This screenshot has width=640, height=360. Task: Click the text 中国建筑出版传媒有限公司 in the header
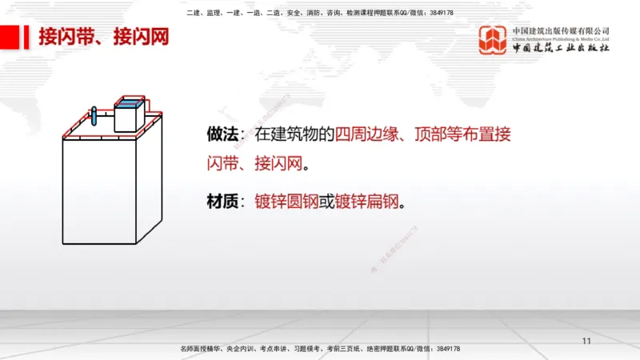click(561, 30)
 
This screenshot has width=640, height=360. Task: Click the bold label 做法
click(219, 134)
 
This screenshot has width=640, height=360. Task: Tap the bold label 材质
click(219, 202)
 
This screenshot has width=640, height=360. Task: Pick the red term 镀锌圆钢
click(286, 202)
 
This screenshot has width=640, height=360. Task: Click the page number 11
click(586, 342)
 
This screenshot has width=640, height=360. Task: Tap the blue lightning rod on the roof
click(94, 115)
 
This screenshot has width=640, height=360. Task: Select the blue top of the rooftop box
click(130, 102)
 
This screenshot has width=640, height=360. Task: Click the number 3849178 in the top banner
click(438, 13)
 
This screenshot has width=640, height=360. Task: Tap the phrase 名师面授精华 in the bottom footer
click(201, 350)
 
